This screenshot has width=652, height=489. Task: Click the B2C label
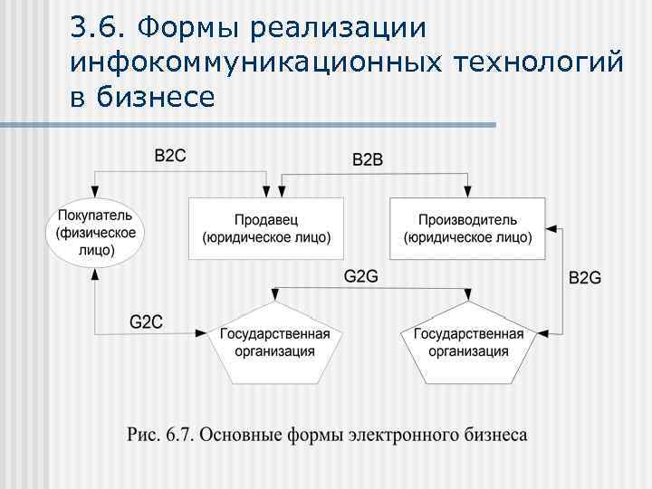[170, 156]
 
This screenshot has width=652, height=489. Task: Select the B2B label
[367, 160]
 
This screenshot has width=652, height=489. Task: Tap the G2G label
[360, 276]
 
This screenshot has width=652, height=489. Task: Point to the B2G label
[584, 278]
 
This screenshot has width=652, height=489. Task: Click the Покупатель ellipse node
[95, 233]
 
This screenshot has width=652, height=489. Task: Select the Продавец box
[266, 229]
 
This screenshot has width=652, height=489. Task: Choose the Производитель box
[467, 229]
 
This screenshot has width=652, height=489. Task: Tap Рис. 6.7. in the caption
[159, 435]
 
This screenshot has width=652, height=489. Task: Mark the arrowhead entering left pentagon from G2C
[202, 334]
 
